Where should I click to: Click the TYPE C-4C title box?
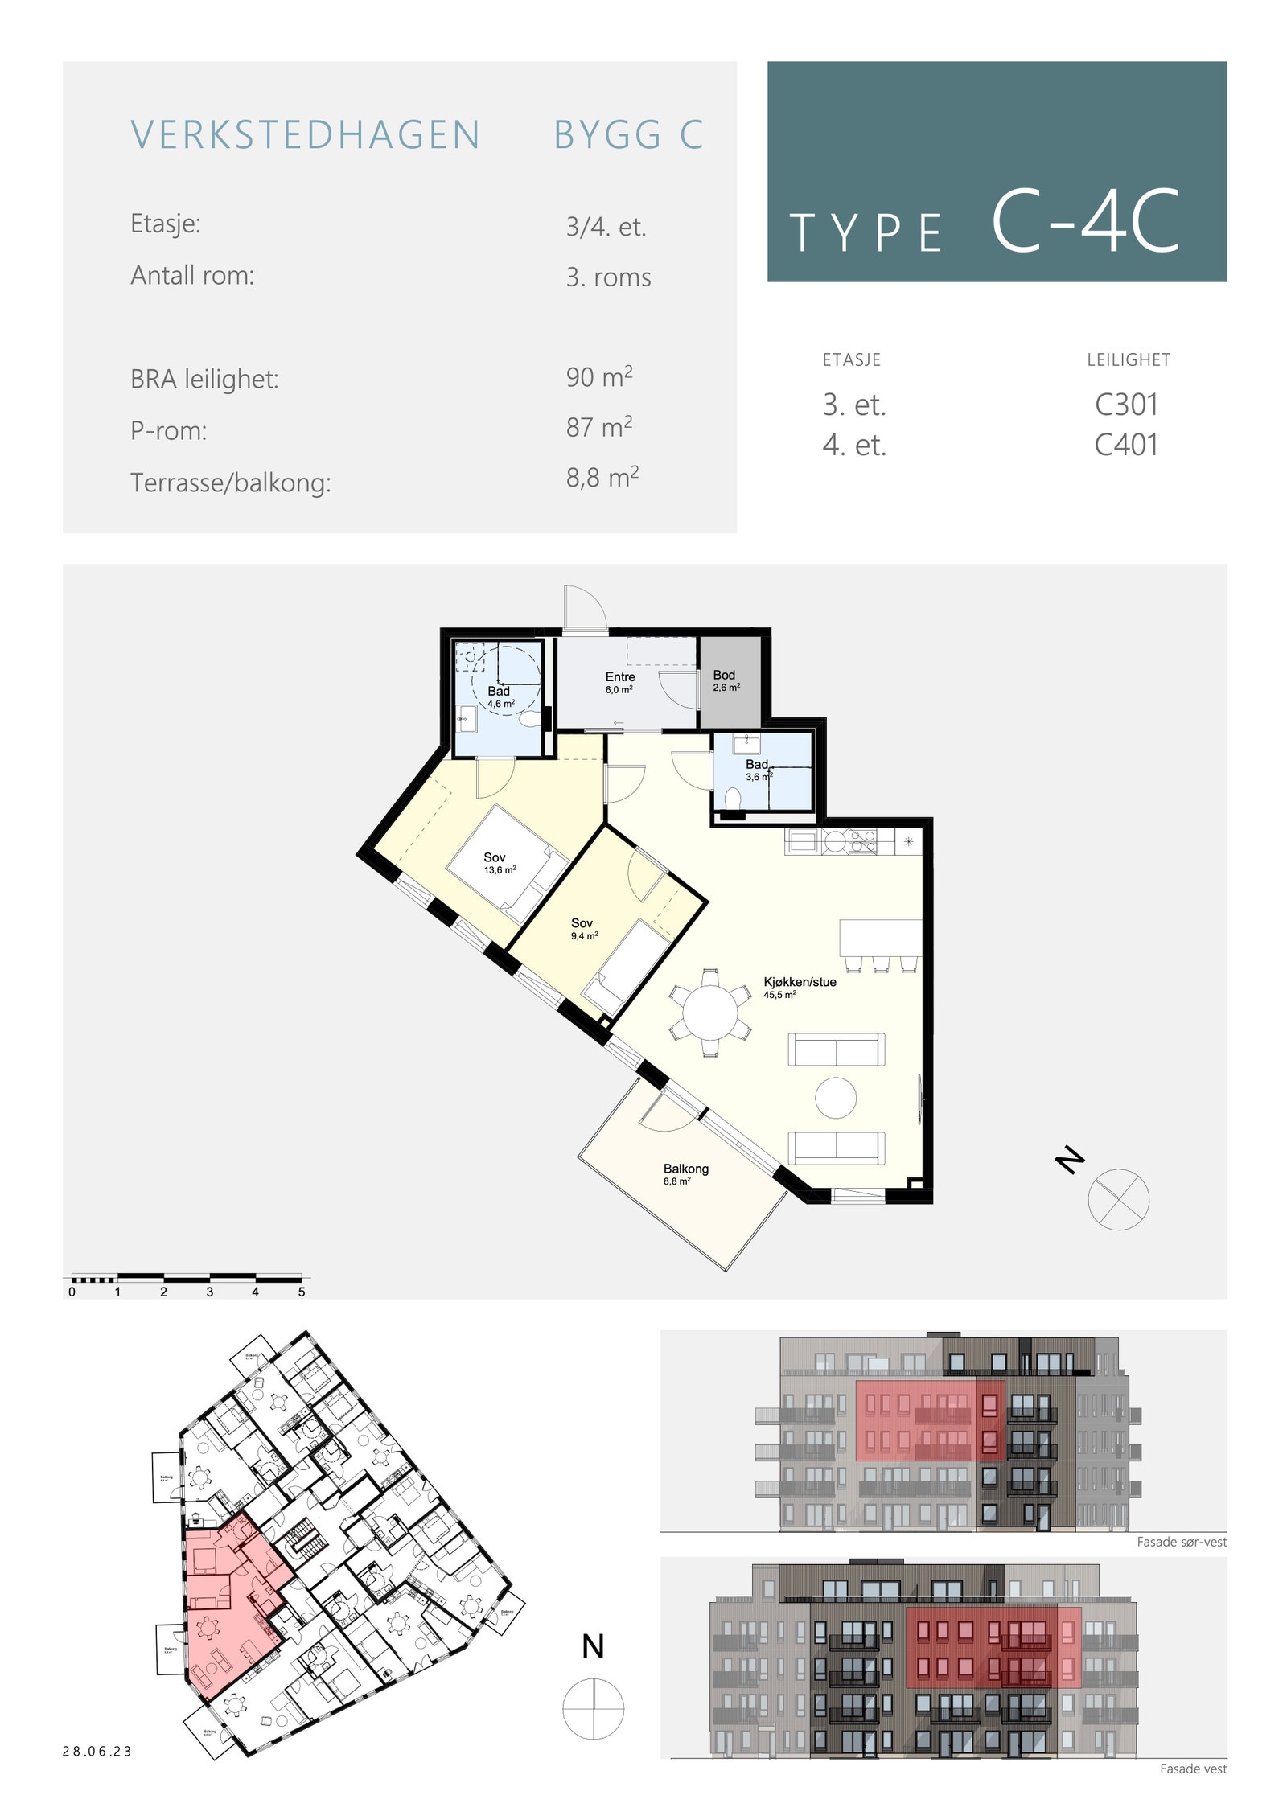point(996,171)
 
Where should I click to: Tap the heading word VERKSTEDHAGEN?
point(306,135)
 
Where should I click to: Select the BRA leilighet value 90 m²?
point(598,377)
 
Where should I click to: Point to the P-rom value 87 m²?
point(598,427)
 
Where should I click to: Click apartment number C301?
point(1125,405)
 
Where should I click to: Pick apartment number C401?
point(1125,445)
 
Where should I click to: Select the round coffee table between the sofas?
point(835,1098)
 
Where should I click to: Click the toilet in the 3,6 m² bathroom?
point(732,799)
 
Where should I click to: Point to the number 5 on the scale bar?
point(302,1292)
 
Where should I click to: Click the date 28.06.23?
point(97,1751)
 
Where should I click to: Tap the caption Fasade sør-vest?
point(1181,1542)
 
